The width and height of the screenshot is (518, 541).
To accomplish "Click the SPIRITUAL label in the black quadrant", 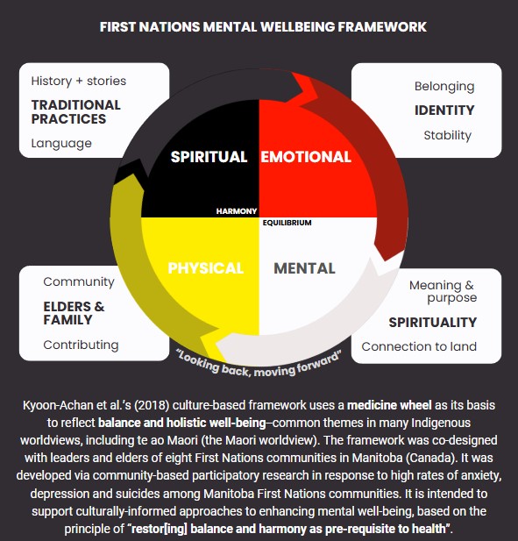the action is [209, 157].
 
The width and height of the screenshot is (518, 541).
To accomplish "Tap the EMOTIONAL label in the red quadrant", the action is [306, 157].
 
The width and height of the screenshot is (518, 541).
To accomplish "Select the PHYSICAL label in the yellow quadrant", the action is [206, 268].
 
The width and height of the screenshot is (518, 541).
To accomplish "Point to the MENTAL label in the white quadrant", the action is [304, 268].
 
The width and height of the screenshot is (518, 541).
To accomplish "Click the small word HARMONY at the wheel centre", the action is [237, 211].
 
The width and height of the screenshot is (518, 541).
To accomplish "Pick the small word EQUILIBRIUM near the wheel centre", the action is [287, 223].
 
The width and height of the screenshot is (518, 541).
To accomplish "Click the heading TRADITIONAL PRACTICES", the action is [76, 111].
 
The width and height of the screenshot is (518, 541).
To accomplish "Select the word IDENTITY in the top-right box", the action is [444, 110].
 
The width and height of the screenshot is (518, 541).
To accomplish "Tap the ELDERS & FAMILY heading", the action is [74, 313].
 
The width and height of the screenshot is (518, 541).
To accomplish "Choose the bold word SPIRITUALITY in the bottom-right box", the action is [433, 323].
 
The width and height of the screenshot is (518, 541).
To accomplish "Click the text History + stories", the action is [79, 81].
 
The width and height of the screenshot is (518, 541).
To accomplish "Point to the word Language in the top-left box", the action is [61, 143].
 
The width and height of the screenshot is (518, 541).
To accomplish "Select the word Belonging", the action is [444, 86].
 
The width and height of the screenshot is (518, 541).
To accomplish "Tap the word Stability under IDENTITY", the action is [448, 135].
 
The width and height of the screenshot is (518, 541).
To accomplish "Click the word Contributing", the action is [81, 345].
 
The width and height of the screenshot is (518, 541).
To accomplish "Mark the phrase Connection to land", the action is [419, 346].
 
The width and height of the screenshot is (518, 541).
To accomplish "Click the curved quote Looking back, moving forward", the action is [259, 366].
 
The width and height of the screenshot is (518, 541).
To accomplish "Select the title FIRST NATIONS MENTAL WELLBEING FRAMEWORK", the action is [263, 27].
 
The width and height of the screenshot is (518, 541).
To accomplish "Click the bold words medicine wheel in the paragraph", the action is [389, 405].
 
